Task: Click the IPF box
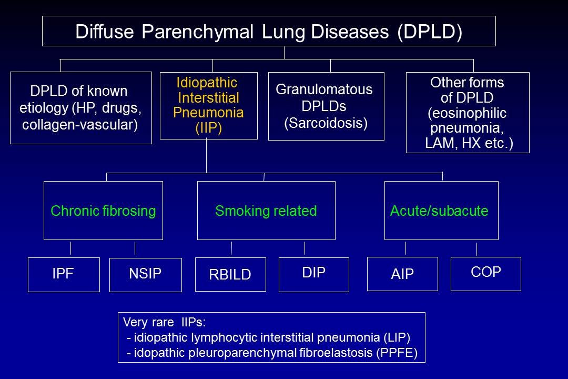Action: coord(64,274)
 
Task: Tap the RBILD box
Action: coord(230,274)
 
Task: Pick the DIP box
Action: coord(314,274)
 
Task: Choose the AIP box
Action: coord(402,274)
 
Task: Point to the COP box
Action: coord(486,273)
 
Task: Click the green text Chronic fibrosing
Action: coord(103,211)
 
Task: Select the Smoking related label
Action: coord(266,211)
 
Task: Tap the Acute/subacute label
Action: coord(439,211)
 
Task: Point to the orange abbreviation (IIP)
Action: coord(208,129)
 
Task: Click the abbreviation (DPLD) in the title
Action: coord(430,32)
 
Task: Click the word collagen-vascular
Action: coord(80,125)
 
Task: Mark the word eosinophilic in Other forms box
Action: coord(467,113)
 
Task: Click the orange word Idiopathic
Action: coord(207,83)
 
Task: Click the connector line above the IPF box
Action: coord(70,248)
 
